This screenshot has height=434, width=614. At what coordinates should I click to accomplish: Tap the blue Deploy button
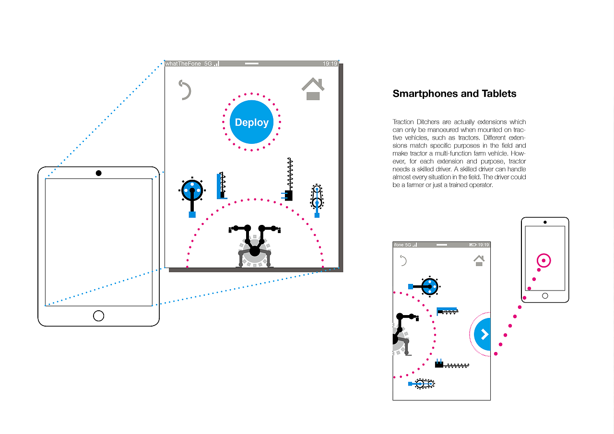251,122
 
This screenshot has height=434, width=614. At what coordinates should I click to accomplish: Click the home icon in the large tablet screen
313,89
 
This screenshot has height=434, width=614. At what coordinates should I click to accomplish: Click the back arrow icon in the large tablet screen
185,90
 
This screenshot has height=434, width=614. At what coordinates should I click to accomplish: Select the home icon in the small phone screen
479,260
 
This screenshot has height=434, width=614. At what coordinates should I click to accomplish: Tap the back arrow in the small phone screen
403,260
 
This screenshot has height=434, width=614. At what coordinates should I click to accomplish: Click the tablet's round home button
98,316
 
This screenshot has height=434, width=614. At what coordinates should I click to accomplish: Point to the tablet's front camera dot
99,173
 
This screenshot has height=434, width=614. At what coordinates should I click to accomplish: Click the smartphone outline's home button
545,296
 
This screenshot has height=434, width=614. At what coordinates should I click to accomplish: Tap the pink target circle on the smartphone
543,260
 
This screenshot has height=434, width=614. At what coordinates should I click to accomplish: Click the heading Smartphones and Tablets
454,94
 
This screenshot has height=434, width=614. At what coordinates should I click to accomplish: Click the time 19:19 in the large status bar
330,64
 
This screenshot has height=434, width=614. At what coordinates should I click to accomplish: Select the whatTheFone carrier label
183,64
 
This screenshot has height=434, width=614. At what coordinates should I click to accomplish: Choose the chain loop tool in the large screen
317,200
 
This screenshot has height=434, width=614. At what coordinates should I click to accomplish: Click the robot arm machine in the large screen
255,246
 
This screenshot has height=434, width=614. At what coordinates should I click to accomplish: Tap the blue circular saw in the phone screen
425,287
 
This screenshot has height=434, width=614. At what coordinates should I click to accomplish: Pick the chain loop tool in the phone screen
422,384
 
